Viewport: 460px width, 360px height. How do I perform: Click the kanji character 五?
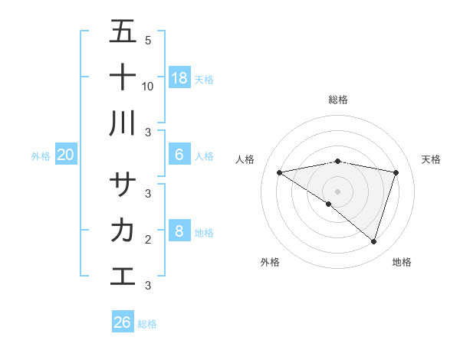[123, 32]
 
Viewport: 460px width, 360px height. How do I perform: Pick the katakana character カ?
[123, 230]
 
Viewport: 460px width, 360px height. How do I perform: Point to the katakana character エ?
[123, 275]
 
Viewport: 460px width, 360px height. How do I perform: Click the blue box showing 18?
[179, 77]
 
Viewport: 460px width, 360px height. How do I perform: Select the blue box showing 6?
[179, 155]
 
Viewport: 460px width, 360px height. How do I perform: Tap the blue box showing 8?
[179, 231]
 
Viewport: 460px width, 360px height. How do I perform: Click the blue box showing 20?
[66, 155]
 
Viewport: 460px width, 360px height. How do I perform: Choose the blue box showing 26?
[123, 322]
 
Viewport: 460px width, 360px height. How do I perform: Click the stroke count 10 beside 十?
[148, 86]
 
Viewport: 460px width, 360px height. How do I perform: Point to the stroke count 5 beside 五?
[148, 41]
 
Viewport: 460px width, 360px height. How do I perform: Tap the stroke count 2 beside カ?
[148, 240]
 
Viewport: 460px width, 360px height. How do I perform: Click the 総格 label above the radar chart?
[338, 100]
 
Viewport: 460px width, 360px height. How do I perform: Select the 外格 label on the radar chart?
[270, 262]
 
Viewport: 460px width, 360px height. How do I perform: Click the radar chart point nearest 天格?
[396, 172]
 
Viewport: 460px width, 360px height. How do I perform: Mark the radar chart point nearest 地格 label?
[374, 241]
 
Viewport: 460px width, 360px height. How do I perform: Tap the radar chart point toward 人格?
[279, 172]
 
